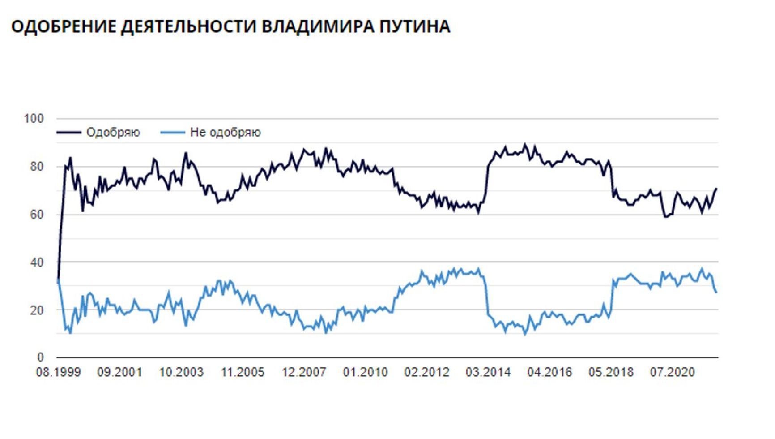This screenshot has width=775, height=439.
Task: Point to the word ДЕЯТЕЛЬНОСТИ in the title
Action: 189,26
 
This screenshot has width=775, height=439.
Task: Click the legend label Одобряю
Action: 113,133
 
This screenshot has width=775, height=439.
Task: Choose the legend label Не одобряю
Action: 225,133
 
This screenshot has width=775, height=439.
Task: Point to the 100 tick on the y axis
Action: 34,119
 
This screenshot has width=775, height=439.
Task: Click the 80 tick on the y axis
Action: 37,167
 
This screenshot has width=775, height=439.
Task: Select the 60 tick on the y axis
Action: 37,215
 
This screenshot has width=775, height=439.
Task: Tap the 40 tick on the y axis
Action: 37,263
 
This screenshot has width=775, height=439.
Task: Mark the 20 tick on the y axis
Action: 37,310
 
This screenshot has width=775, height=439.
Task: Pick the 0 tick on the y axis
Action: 40,357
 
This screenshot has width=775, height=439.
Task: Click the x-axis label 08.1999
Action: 58,373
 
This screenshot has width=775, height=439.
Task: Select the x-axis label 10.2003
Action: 181,373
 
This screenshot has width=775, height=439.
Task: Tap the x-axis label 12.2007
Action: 304,373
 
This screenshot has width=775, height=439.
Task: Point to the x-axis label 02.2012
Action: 426,373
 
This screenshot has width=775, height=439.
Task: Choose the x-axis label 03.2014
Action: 488,373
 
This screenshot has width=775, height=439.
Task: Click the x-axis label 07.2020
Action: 672,373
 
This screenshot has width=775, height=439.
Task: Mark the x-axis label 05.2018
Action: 611,373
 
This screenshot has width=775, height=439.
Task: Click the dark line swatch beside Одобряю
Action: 68,133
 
